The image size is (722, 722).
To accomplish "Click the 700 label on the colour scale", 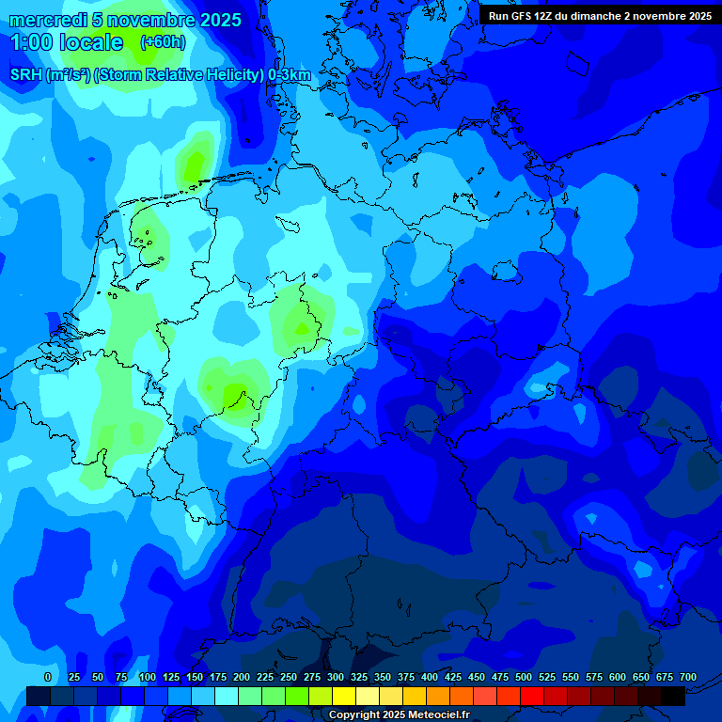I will coord(688,677).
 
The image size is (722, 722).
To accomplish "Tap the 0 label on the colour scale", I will coord(48,677).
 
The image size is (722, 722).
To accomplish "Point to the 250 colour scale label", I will coord(289,677).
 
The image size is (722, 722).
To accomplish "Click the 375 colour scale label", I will coord(406,677).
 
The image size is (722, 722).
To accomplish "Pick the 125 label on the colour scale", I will coord(171,677).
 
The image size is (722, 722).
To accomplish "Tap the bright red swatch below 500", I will coord(532,696).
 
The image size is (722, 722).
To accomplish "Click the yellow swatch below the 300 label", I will coord(344,696).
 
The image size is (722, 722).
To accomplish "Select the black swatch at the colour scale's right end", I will coord(673,696).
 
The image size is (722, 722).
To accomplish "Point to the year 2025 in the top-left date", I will coord(219,20).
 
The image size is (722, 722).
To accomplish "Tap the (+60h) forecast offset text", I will coord(163,42).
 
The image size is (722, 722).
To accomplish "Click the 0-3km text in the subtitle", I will coord(290,75).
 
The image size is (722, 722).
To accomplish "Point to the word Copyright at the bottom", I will coord(354,714).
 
